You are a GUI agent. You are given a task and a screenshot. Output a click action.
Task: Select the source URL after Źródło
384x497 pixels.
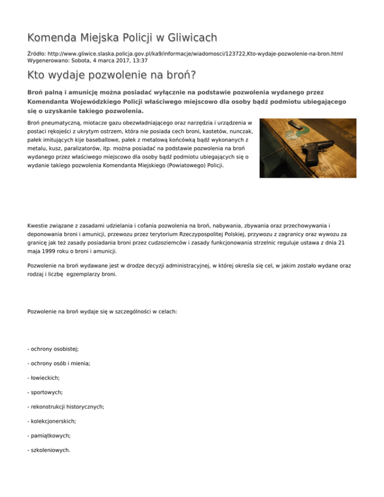[195, 52]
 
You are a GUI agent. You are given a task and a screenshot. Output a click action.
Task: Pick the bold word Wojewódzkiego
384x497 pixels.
[94, 101]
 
